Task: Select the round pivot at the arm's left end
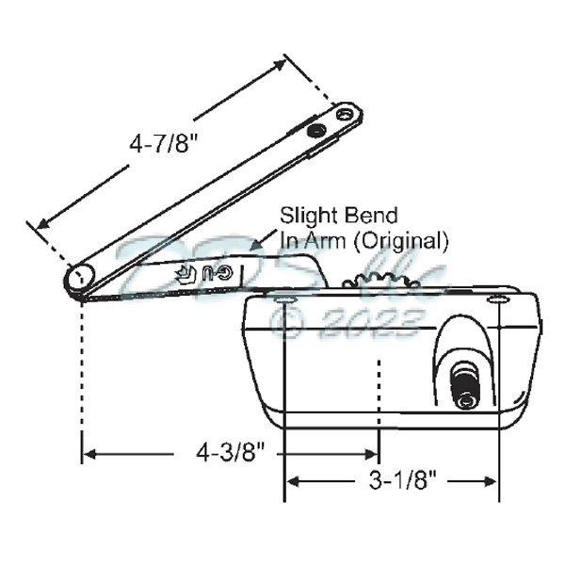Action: pyautogui.click(x=80, y=279)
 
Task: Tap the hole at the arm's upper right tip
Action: pyautogui.click(x=347, y=116)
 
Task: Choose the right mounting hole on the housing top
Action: pyautogui.click(x=497, y=299)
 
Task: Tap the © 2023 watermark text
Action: pyautogui.click(x=344, y=324)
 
